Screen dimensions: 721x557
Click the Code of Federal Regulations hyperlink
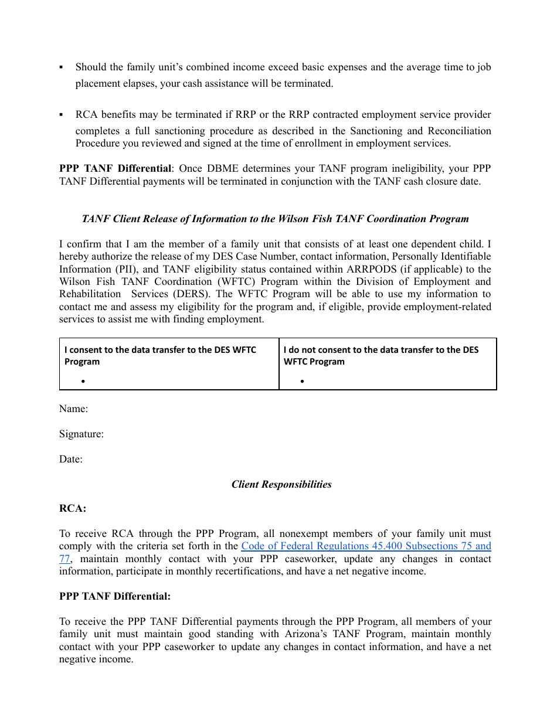[366, 546]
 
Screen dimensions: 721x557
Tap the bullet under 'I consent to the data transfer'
[84, 382]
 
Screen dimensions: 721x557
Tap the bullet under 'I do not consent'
[302, 382]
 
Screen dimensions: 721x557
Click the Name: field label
[73, 409]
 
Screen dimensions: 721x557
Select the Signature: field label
[81, 434]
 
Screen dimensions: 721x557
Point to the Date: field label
[70, 460]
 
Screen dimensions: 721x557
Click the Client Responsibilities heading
[281, 485]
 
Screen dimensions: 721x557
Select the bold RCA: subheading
[73, 509]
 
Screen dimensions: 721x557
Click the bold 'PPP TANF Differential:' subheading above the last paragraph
[115, 597]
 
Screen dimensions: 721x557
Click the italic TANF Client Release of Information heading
[275, 219]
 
